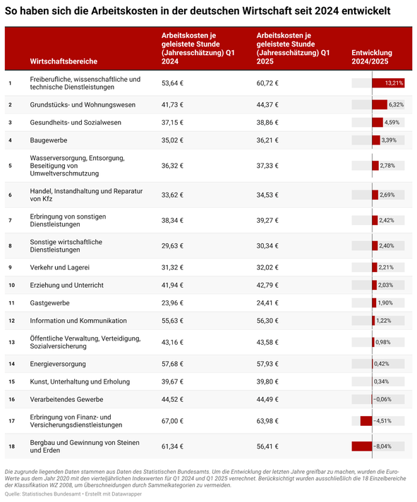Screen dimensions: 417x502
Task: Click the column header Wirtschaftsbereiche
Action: [64, 61]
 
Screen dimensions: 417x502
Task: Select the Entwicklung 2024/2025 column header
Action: [372, 57]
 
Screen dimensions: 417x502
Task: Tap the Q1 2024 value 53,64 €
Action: [172, 83]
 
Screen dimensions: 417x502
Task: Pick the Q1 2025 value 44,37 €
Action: [267, 104]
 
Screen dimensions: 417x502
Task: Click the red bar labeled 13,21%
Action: [388, 83]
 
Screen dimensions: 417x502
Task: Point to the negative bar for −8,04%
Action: [362, 446]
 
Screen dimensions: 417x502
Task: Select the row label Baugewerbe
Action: [49, 140]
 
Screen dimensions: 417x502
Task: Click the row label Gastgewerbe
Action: [49, 303]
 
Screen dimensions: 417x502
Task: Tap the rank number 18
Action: [11, 446]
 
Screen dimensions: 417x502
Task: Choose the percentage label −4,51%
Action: [382, 421]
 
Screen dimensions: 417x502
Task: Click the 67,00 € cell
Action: [172, 421]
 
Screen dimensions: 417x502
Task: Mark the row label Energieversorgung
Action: [58, 364]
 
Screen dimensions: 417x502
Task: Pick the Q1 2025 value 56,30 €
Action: [267, 321]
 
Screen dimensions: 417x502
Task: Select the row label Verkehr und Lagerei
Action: [59, 267]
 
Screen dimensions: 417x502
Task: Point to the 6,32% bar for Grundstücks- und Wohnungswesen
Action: [380, 104]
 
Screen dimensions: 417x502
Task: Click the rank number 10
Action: [11, 286]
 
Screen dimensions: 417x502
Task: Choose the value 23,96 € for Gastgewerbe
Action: [172, 303]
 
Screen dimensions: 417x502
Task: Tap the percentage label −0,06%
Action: [382, 399]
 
